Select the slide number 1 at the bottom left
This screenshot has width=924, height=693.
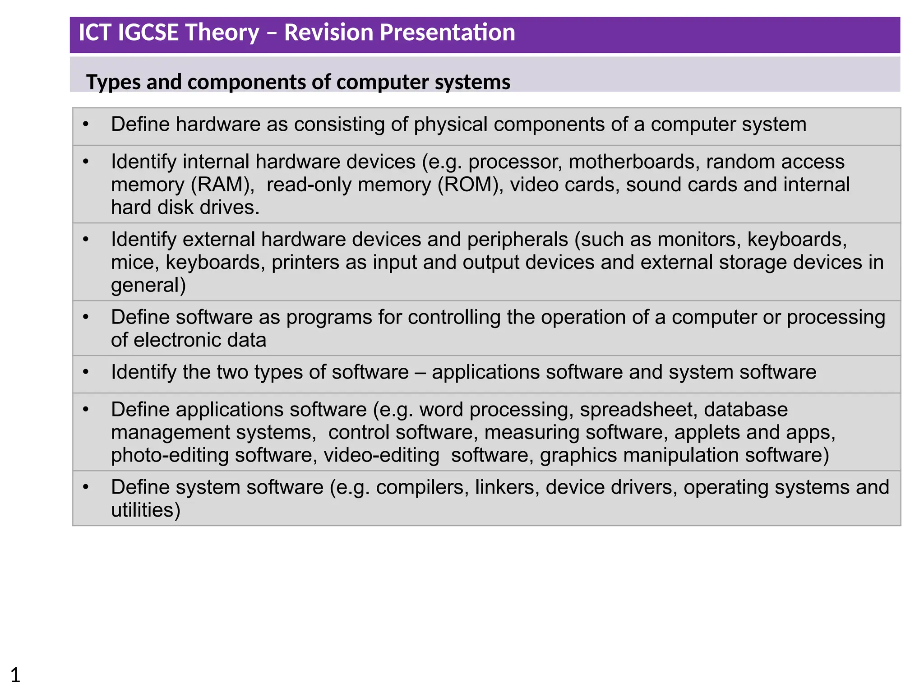coord(15,675)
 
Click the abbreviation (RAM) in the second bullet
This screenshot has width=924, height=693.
coord(223,185)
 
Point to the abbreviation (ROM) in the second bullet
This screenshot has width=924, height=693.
coord(470,185)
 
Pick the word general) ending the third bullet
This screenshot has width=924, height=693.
coord(148,286)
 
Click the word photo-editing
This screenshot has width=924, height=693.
coord(170,455)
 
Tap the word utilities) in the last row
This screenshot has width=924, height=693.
coord(145,510)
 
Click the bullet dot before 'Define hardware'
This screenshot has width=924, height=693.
coord(86,125)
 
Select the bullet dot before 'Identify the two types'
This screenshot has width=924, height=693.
coord(86,372)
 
